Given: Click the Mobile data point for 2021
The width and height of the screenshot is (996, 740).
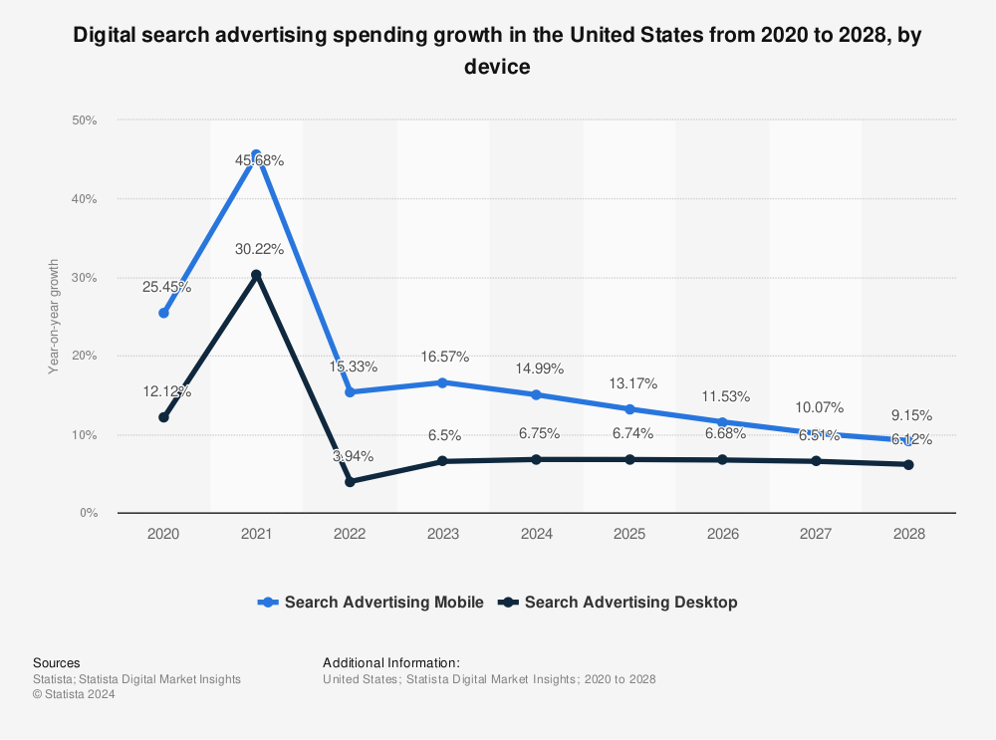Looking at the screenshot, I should tap(256, 155).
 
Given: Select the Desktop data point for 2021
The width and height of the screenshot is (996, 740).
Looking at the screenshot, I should tap(256, 275).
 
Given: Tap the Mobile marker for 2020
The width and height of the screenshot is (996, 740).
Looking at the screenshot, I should tap(163, 313).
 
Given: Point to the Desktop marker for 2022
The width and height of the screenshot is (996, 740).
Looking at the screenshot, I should tap(350, 482).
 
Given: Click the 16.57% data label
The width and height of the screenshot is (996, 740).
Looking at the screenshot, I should tap(443, 357).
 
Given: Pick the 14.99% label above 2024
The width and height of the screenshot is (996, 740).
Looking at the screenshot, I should tap(538, 369).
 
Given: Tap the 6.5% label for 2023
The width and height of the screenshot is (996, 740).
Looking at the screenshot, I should tap(443, 434).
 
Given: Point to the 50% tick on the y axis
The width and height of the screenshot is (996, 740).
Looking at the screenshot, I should tap(84, 121).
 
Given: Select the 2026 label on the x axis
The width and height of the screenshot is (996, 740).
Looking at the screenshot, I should tap(722, 534).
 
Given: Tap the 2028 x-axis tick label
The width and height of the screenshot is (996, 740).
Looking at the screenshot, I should tap(908, 534).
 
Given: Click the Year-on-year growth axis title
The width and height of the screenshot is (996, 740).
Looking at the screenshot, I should tap(54, 317).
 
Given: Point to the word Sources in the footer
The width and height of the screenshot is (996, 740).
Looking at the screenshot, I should tap(57, 662).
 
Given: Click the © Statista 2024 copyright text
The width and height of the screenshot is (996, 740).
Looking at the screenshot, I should tap(74, 695).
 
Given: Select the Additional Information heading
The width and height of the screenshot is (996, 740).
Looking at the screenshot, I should tap(391, 662).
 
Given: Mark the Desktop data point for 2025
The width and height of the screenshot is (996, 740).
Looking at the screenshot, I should tap(629, 459).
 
